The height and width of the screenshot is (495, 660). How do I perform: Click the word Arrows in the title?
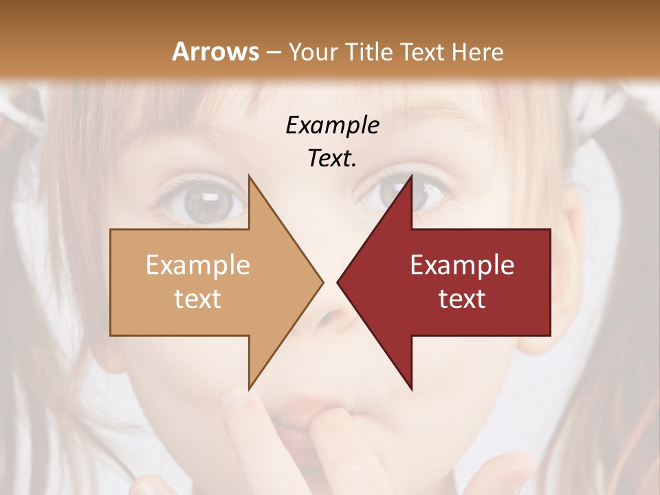(216, 52)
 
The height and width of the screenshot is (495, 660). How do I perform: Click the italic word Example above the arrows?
(332, 125)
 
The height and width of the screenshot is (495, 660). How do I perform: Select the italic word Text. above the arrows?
(332, 158)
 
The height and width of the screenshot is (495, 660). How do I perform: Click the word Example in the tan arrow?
(197, 265)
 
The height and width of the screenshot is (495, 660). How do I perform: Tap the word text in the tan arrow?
(197, 299)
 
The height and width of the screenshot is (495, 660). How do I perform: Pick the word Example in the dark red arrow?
(462, 265)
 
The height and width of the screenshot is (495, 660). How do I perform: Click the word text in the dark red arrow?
(462, 299)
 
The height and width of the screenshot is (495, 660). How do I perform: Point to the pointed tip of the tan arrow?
(322, 282)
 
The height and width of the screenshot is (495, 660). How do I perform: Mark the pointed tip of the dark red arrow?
(338, 282)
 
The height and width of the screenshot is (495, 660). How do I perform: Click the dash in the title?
(272, 52)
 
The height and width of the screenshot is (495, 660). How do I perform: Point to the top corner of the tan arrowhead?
(249, 176)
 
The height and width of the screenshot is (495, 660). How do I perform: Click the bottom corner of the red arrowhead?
(411, 388)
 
